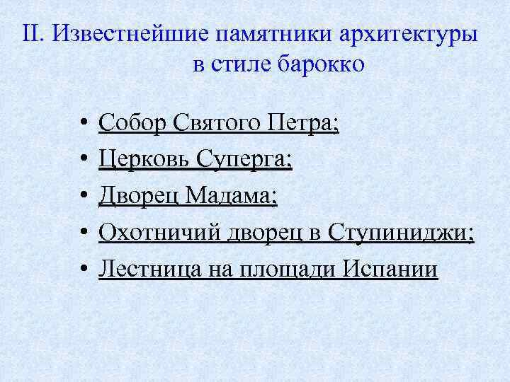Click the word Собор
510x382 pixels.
130,124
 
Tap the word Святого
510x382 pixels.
213,124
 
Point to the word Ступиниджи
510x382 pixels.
400,233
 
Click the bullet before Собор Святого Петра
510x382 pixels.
84,125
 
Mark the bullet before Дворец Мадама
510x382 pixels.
84,198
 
